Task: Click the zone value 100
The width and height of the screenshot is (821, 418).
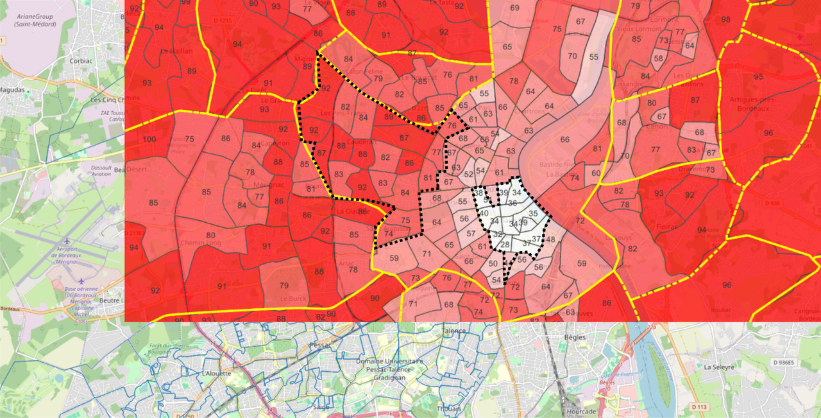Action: (x=149, y=139)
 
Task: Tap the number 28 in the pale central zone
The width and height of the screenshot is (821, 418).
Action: (x=505, y=245)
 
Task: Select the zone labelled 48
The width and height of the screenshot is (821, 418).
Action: (x=550, y=240)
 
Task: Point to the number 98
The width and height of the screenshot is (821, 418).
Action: (x=725, y=19)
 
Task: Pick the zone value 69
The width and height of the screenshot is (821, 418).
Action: (x=514, y=8)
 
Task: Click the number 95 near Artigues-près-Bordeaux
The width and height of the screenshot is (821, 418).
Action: (x=759, y=77)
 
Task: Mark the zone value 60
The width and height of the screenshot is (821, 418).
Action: (x=596, y=173)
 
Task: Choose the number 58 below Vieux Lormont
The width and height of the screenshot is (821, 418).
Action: (x=658, y=58)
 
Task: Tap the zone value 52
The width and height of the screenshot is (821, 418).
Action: (x=469, y=175)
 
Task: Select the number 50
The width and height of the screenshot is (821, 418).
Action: (x=493, y=263)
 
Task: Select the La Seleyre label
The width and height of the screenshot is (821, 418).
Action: (x=718, y=367)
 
